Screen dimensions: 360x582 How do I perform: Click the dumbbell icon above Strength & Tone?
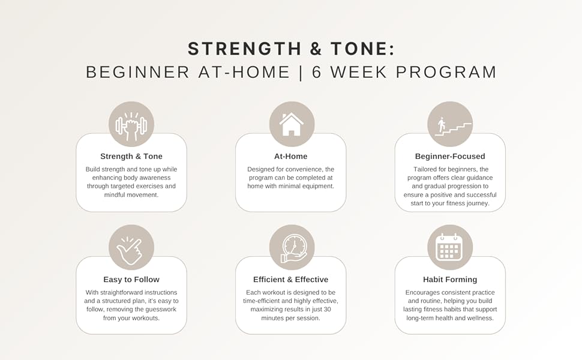click(131, 125)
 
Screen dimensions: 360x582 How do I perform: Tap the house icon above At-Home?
click(292, 124)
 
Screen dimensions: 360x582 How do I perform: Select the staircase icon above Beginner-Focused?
click(451, 125)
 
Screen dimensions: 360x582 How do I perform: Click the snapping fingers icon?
click(131, 248)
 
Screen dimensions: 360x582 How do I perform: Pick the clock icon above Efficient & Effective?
click(292, 248)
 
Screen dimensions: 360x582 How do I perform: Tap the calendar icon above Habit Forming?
click(449, 247)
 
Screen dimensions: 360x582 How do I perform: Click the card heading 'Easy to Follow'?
click(131, 280)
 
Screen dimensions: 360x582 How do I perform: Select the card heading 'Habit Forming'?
click(450, 280)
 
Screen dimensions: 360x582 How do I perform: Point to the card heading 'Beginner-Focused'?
click(450, 157)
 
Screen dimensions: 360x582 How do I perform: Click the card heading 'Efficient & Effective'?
click(291, 280)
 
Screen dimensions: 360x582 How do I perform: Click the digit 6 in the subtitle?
click(317, 73)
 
